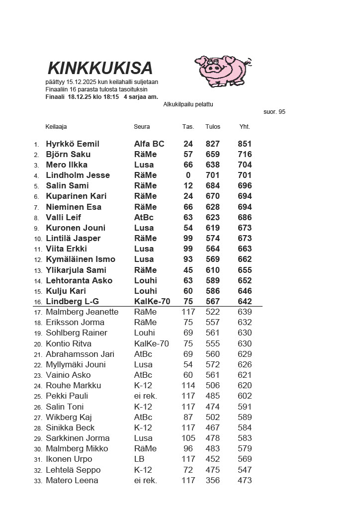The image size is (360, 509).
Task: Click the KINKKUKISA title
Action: coord(100,68)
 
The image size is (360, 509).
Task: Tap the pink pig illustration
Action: coord(221,70)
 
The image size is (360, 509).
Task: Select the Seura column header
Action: coord(142,126)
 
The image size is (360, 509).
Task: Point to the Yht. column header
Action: coord(245,126)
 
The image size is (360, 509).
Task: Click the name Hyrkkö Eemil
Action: coord(73,144)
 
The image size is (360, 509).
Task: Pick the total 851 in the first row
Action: coord(245,144)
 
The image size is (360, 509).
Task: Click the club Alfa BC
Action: coord(149,144)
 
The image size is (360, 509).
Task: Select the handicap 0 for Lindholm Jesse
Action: coord(188,175)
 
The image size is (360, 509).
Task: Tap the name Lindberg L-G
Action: coord(72,301)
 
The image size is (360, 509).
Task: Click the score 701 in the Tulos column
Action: coord(212,175)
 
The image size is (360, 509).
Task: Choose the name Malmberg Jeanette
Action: coord(82,312)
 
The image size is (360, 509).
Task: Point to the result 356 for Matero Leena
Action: coord(212,480)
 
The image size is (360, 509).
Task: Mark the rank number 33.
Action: coord(38,481)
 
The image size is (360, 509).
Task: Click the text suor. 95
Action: coord(274,112)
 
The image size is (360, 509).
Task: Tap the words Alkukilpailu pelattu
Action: coord(188,104)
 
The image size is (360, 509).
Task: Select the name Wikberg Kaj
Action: coord(69,417)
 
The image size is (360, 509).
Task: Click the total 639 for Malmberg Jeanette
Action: coord(245,312)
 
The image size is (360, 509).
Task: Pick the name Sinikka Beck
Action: coord(70,427)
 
